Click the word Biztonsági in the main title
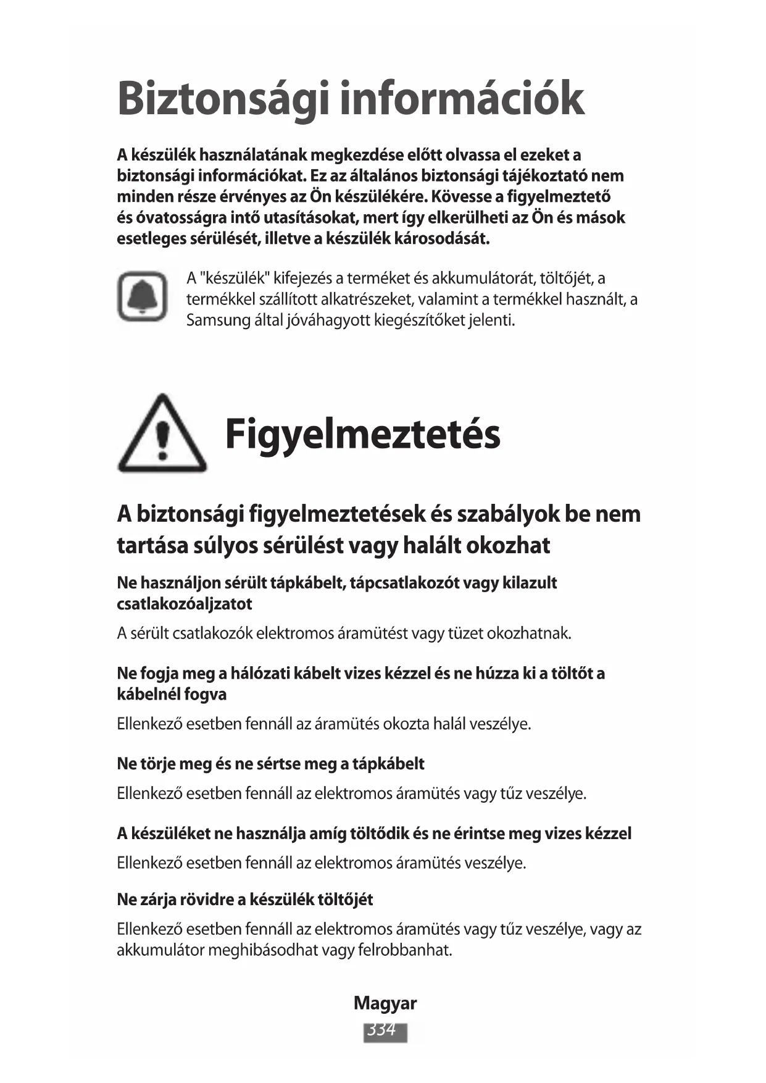(x=223, y=99)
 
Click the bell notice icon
(x=143, y=296)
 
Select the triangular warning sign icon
(x=162, y=435)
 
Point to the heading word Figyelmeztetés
(x=362, y=433)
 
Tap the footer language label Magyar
(x=385, y=1003)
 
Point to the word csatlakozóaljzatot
(x=185, y=604)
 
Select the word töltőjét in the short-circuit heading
(x=344, y=900)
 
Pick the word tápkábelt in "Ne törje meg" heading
(x=388, y=764)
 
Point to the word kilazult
(x=530, y=583)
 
